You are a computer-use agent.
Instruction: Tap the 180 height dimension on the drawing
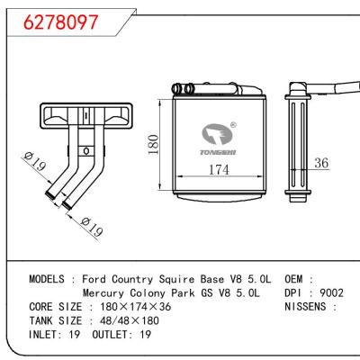click(153, 145)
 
